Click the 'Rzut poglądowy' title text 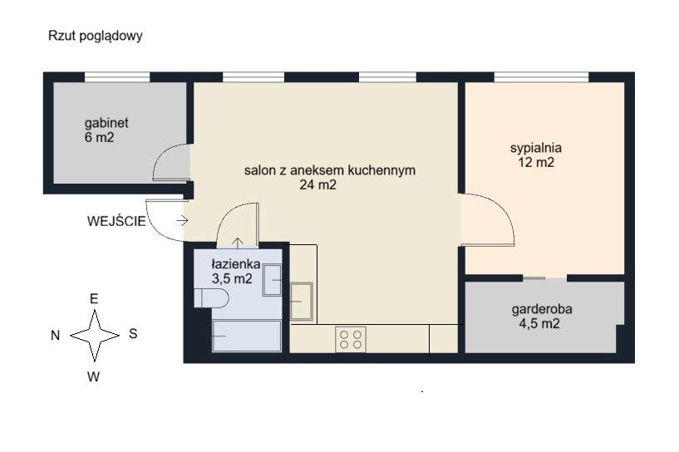(96, 36)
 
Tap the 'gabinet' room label (106, 123)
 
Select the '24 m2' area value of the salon (317, 184)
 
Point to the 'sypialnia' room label (536, 148)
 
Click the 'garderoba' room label (542, 309)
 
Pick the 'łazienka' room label (236, 263)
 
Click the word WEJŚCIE (116, 221)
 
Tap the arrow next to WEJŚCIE (182, 221)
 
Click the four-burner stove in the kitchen (351, 340)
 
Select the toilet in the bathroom (211, 298)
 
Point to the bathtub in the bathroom (246, 336)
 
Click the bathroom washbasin (273, 280)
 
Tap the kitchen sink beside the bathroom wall (302, 301)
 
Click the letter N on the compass (56, 336)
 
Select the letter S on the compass (133, 333)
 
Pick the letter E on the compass (94, 299)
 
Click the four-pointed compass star (95, 336)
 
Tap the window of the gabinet (117, 77)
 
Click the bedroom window (541, 77)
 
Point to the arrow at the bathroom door (238, 243)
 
